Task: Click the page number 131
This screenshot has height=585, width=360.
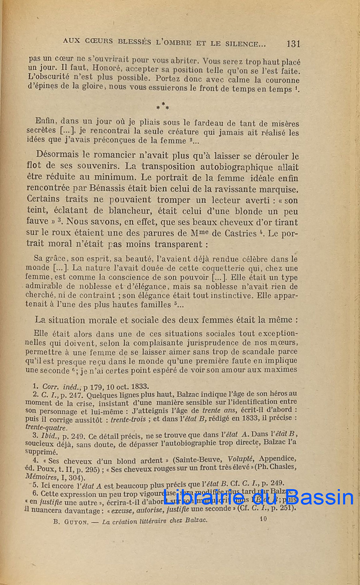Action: click(293, 44)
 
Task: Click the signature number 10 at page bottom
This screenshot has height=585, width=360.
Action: click(264, 519)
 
